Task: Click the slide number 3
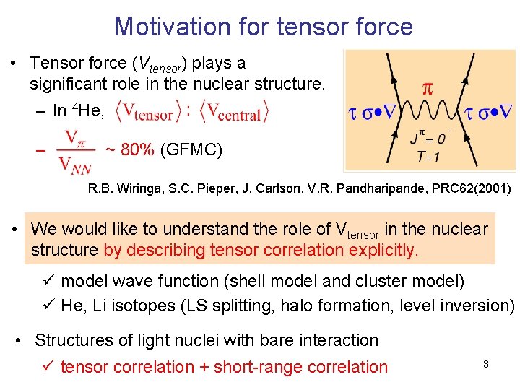point(486,364)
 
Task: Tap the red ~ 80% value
point(129,150)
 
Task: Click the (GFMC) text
point(191,150)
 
